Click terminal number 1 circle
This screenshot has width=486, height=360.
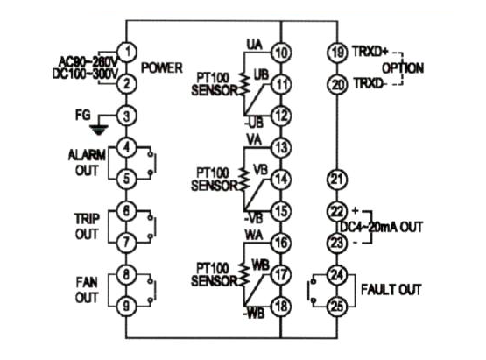[126, 52]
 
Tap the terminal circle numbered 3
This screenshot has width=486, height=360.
[126, 116]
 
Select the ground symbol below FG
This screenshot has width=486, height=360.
[99, 131]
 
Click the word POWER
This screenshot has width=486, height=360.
[162, 68]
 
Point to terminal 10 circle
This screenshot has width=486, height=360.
[281, 53]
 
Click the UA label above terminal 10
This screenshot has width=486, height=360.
[255, 45]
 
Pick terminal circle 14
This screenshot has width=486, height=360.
[281, 180]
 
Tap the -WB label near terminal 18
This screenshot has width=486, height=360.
[254, 314]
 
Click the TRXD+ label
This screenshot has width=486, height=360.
[370, 52]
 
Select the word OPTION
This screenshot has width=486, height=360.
[403, 68]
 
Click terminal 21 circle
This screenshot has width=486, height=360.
[337, 180]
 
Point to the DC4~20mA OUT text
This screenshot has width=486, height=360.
[382, 227]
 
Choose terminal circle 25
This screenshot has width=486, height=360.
[337, 307]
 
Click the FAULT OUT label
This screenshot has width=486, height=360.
[391, 290]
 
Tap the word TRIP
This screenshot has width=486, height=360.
[87, 219]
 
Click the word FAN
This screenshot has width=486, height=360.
[87, 282]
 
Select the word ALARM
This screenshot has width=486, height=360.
[87, 155]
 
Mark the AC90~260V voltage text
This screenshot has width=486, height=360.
[88, 60]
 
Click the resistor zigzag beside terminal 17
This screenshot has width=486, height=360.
[244, 274]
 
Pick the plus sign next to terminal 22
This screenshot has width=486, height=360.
[356, 211]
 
